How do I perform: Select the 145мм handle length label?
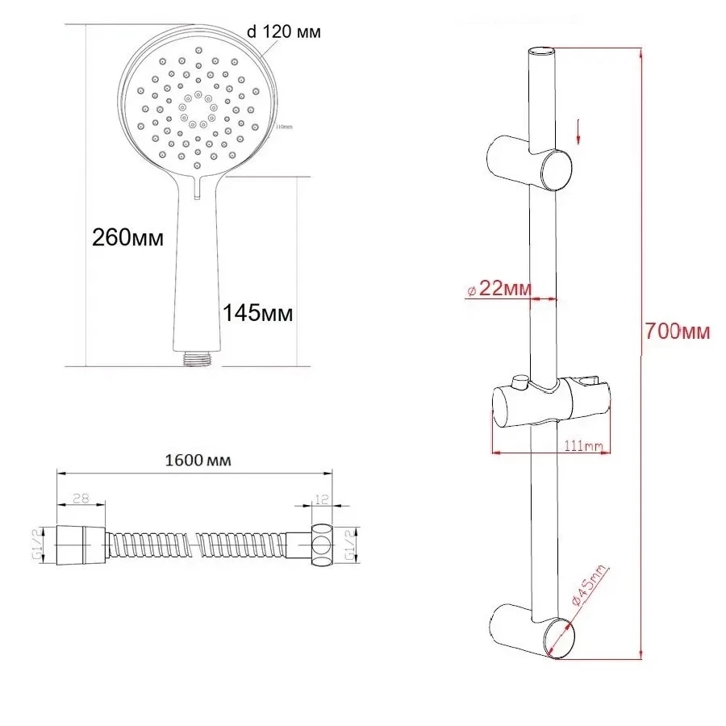pos(257,312)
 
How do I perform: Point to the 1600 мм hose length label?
pos(198,461)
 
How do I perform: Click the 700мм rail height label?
pos(678,331)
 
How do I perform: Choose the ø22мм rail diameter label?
pos(501,289)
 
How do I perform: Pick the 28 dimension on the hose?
pos(80,499)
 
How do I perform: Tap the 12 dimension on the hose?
pos(321,500)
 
